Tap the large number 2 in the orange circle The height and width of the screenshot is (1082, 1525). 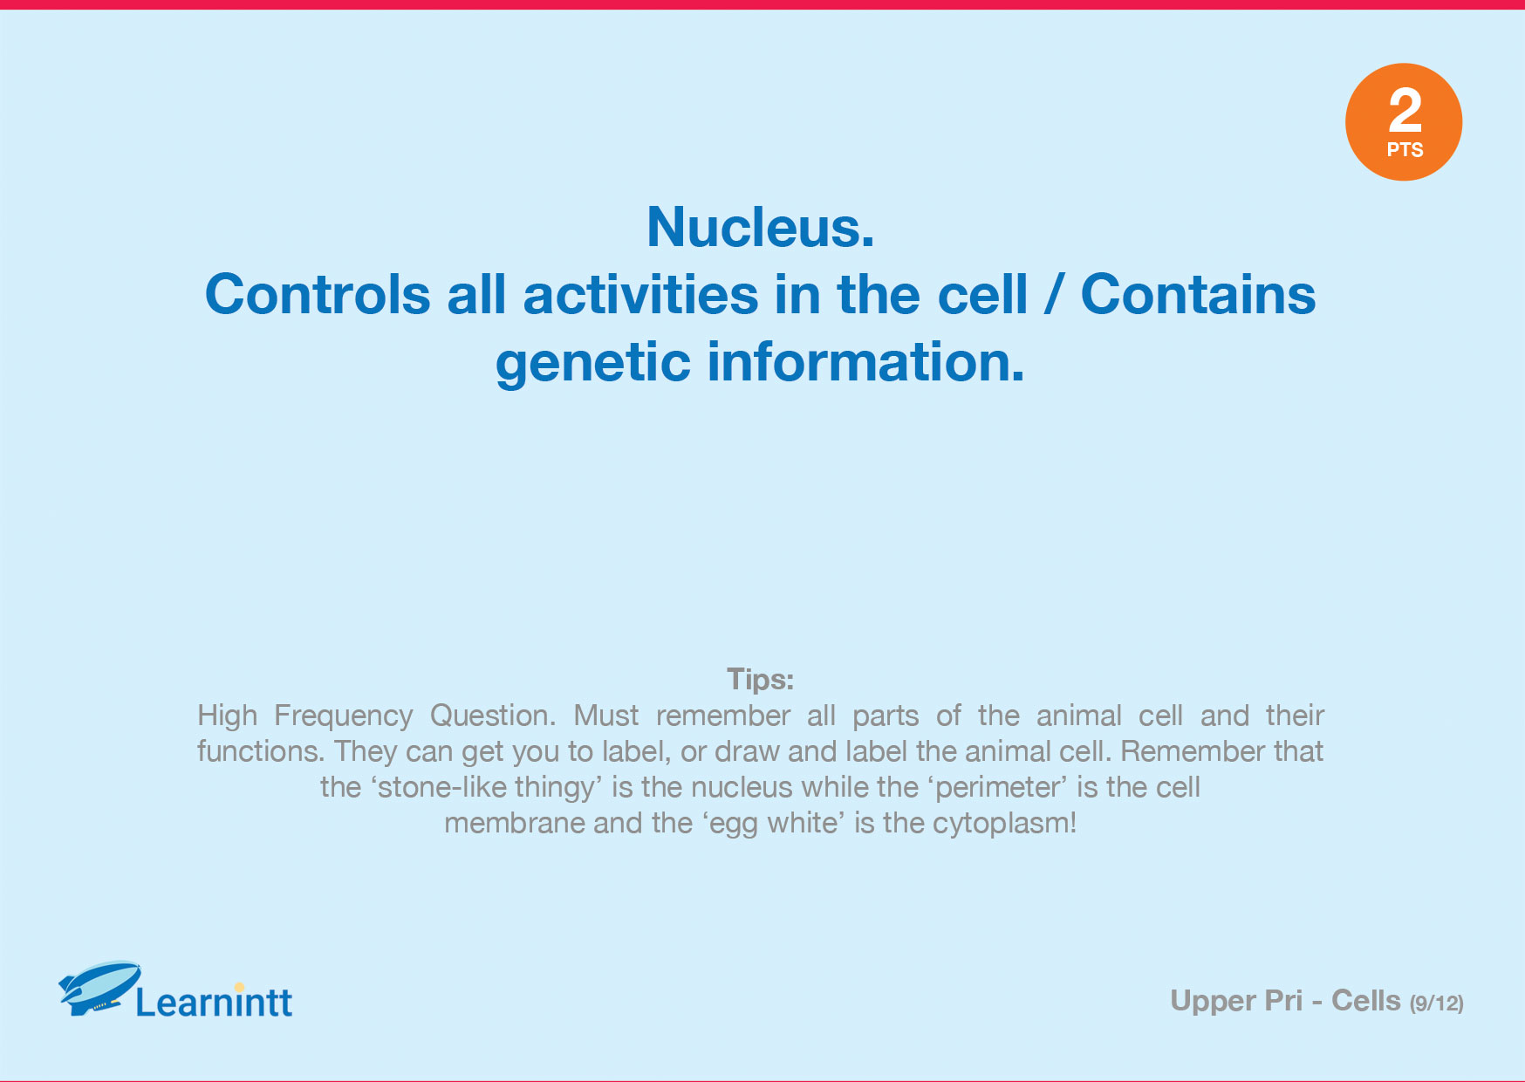pyautogui.click(x=1405, y=110)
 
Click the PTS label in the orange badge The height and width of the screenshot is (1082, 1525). pyautogui.click(x=1405, y=150)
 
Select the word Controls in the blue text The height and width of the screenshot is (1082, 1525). pyautogui.click(x=318, y=295)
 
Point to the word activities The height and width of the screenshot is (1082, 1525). pyautogui.click(x=640, y=295)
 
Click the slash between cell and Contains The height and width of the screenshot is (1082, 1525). pyautogui.click(x=1054, y=295)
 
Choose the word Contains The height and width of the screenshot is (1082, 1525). pyautogui.click(x=1198, y=295)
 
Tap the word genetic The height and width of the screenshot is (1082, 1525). pyautogui.click(x=593, y=364)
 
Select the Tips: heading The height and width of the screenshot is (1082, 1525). pyautogui.click(x=760, y=679)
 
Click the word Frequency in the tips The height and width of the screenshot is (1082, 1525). pyautogui.click(x=343, y=716)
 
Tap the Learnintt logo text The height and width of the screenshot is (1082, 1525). pyautogui.click(x=215, y=1002)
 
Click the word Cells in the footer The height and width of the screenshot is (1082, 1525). pyautogui.click(x=1365, y=1001)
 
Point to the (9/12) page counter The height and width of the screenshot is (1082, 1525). pyautogui.click(x=1436, y=1003)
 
